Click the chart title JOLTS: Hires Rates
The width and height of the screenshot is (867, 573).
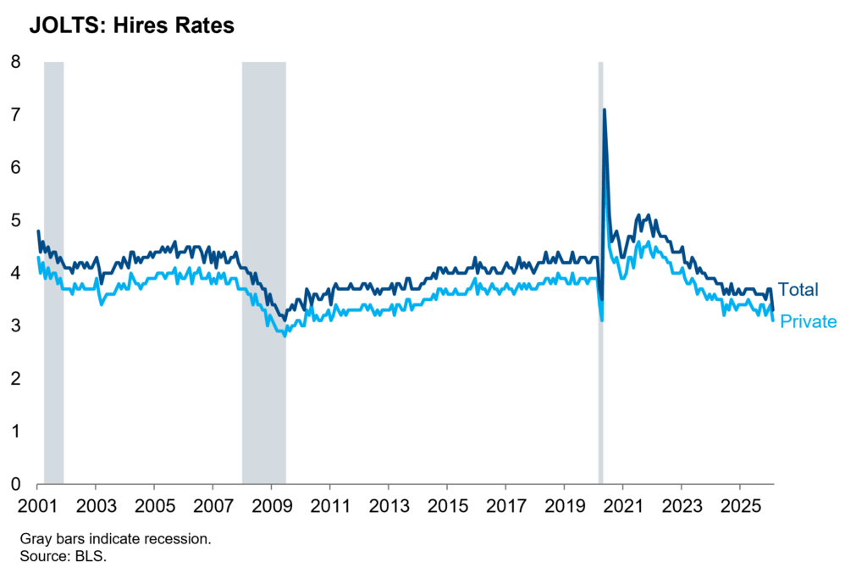pyautogui.click(x=131, y=26)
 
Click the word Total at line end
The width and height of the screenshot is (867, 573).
pyautogui.click(x=798, y=289)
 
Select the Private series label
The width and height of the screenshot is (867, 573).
pyautogui.click(x=808, y=322)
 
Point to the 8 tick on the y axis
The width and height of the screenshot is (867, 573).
pyautogui.click(x=16, y=61)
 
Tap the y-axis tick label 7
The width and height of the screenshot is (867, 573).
pyautogui.click(x=16, y=114)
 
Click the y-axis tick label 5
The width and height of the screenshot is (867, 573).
pyautogui.click(x=16, y=220)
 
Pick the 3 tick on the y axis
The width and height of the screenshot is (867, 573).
pyautogui.click(x=16, y=326)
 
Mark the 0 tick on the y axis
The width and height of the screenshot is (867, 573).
pyautogui.click(x=16, y=485)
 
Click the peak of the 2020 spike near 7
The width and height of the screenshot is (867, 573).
pyautogui.click(x=604, y=109)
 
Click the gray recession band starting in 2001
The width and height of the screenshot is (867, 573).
pyautogui.click(x=53, y=271)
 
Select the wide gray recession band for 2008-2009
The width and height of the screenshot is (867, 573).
pyautogui.click(x=263, y=271)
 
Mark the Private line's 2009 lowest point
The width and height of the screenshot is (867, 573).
pyautogui.click(x=284, y=336)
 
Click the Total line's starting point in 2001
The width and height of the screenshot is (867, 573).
pyautogui.click(x=38, y=231)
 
